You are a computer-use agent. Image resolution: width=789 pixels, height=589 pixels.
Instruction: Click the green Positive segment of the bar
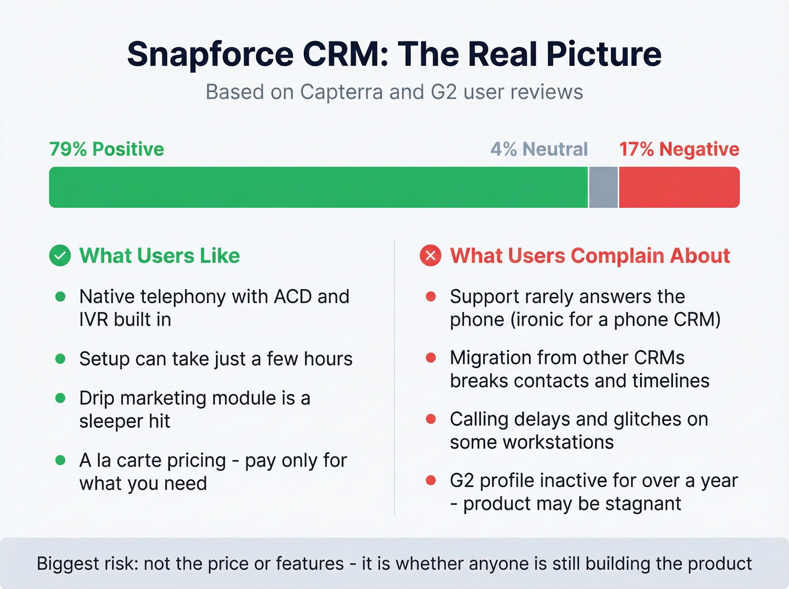click(x=318, y=187)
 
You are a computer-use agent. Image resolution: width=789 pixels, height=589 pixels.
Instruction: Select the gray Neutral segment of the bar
click(x=603, y=187)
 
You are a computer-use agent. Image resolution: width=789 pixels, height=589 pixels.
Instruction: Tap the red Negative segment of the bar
click(x=679, y=187)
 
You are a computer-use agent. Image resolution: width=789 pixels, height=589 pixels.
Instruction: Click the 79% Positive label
click(x=107, y=149)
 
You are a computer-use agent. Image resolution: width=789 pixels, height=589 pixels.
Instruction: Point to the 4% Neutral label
click(x=539, y=149)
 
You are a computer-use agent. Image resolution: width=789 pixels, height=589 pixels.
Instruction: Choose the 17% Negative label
click(x=679, y=149)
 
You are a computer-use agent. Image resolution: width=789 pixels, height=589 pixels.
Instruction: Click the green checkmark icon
click(x=60, y=256)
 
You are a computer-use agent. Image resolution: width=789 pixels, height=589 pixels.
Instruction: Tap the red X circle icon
click(x=431, y=256)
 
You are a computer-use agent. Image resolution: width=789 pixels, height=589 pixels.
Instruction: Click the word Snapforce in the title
click(x=210, y=55)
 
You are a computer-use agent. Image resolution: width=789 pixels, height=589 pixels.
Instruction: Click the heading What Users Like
click(x=159, y=256)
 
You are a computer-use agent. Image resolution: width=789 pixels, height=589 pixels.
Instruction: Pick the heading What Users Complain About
click(x=589, y=256)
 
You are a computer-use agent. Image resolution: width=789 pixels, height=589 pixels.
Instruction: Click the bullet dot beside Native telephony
click(x=60, y=296)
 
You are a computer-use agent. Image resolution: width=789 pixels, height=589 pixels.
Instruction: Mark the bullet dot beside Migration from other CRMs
click(x=431, y=358)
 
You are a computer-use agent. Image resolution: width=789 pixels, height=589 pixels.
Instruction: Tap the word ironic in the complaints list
click(x=539, y=320)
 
